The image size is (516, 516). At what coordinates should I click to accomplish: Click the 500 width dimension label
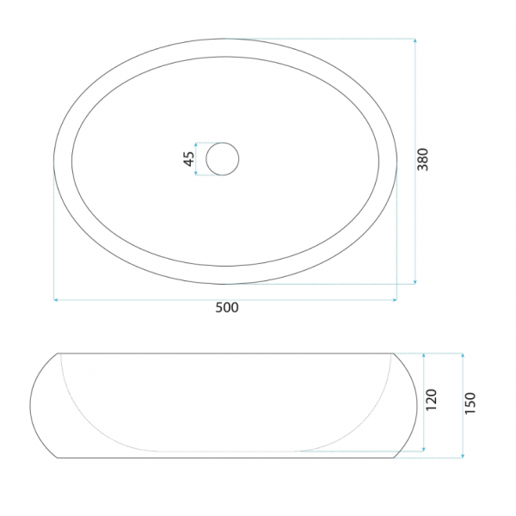click(x=227, y=307)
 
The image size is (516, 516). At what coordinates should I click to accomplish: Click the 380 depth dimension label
click(x=423, y=160)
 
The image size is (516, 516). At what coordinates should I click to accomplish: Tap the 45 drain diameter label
click(x=188, y=159)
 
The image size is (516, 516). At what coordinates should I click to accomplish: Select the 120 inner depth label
click(x=431, y=400)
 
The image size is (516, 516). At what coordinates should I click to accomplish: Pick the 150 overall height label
click(x=470, y=403)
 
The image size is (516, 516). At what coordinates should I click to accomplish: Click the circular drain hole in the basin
click(x=223, y=159)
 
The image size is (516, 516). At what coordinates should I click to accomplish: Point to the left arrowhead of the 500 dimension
click(x=56, y=300)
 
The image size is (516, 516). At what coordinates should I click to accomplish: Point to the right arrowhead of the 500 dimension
click(x=395, y=300)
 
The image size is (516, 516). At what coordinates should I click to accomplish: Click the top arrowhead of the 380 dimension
click(x=415, y=40)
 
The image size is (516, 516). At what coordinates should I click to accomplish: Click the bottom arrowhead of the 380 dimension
click(x=415, y=282)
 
